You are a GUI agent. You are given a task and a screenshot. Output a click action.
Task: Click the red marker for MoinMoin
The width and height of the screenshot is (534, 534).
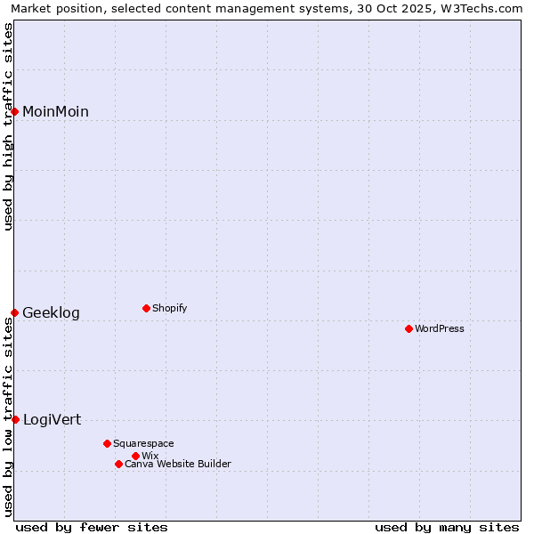tap(14, 111)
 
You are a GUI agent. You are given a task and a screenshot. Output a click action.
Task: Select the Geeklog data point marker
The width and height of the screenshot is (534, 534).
tap(14, 312)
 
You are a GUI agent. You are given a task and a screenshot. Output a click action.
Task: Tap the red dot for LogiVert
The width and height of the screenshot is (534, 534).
tap(15, 419)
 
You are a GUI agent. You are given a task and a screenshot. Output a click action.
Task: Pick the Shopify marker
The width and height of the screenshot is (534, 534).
tap(146, 308)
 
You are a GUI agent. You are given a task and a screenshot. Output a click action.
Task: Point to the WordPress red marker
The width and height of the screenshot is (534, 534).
tap(409, 328)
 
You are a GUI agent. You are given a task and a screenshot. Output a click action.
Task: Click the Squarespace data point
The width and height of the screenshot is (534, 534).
tap(107, 443)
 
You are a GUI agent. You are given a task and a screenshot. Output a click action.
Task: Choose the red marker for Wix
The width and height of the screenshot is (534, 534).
tap(135, 456)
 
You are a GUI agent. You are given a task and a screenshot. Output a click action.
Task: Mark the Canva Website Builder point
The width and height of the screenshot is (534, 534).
tap(118, 464)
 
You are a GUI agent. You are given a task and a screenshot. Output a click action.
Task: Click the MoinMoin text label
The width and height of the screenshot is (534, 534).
tap(55, 111)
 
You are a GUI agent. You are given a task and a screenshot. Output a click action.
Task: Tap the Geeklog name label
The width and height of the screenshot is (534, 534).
tap(51, 312)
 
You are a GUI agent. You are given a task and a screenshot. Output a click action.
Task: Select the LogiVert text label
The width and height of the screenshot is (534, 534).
tap(52, 419)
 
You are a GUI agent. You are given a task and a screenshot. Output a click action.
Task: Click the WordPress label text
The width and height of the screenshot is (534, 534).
tap(440, 328)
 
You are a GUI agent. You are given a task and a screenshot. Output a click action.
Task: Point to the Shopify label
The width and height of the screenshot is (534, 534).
tap(170, 308)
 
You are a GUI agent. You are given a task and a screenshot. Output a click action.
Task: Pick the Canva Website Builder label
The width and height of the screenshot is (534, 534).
tap(178, 464)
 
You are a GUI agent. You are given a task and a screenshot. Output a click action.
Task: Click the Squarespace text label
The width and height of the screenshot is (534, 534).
tap(143, 443)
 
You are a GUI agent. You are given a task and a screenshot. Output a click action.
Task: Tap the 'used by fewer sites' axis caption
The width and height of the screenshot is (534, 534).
tap(92, 527)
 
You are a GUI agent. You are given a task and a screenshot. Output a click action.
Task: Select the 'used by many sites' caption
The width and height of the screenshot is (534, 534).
tap(447, 527)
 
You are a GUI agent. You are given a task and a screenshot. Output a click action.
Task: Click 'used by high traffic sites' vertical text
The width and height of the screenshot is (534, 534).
tap(8, 125)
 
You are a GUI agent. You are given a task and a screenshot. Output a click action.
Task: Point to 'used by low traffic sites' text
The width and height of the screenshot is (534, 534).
tap(8, 417)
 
